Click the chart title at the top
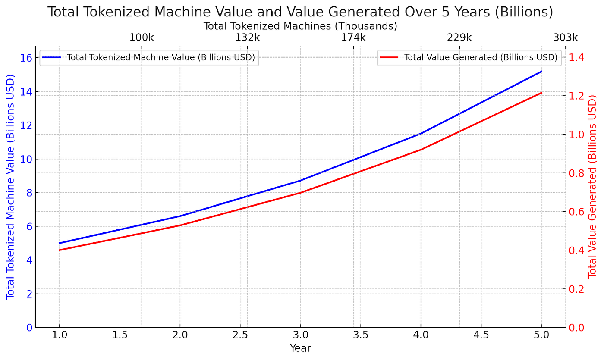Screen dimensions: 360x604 300,12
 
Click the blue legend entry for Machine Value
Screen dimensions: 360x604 149,58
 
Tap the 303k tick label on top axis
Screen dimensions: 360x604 565,38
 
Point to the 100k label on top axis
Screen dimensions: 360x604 142,38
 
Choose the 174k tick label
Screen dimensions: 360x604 353,38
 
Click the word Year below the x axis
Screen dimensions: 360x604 300,348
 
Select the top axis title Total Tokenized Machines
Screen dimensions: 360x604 300,26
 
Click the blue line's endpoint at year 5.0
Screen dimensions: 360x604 541,72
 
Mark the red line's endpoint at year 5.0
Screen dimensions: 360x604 541,93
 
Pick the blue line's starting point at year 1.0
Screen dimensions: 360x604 60,243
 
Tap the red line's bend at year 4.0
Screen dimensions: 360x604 421,150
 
